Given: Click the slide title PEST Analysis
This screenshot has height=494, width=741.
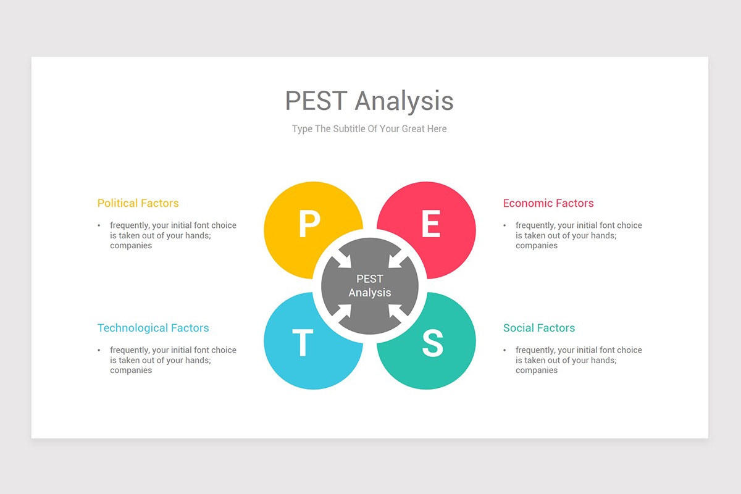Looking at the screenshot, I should point(369,101).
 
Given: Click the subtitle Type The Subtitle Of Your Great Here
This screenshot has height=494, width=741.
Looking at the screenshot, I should point(369,129).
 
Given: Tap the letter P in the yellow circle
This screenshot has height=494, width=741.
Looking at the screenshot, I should point(309,224).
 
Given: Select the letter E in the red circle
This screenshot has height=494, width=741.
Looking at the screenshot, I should point(431,224).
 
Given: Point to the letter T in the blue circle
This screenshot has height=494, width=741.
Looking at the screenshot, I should point(303,343).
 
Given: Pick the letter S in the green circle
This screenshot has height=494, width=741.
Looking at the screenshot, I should point(432,343).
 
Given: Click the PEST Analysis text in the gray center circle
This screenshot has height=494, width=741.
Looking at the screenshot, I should point(370,286).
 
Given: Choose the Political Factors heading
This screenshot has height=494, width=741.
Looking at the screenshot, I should point(138,203).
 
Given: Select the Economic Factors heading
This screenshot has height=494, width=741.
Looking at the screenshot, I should point(548,203).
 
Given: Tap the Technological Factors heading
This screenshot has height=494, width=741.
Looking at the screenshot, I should point(153,328).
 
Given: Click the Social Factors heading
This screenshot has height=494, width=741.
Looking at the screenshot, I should point(539,328).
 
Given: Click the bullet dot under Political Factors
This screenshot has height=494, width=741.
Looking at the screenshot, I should point(99,225).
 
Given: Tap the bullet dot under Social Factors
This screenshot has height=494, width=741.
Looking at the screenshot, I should point(504,350).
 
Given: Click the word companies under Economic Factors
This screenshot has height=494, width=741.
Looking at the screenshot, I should point(537,246).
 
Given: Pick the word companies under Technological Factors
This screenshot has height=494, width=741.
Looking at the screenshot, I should point(131,371).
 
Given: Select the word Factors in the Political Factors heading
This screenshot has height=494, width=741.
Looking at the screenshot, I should point(159,203).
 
